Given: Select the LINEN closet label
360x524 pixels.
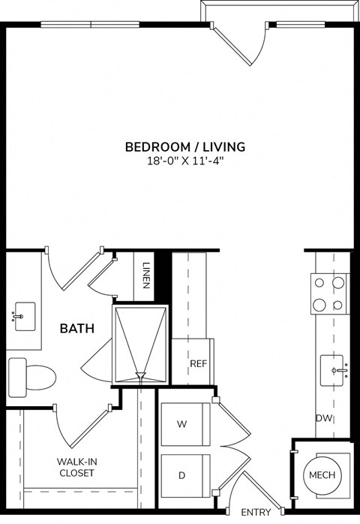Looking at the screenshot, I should [x=146, y=279].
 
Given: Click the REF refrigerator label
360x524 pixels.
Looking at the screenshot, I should [x=197, y=363].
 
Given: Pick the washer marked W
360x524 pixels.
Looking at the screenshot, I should [x=181, y=424].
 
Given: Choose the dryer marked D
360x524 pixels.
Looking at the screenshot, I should [x=181, y=476].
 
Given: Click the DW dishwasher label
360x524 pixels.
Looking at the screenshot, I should [x=324, y=418].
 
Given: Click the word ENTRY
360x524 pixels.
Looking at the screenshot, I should [x=256, y=512].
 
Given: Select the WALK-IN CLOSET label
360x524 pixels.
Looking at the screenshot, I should [x=76, y=468].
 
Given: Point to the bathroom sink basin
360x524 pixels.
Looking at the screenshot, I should [x=23, y=316].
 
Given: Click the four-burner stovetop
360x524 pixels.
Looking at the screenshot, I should [x=331, y=294].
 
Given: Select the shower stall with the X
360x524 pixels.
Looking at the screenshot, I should [x=139, y=344].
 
